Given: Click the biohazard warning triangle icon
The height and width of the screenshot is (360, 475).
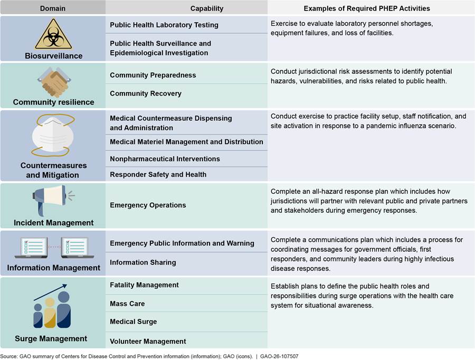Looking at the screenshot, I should point(53,35).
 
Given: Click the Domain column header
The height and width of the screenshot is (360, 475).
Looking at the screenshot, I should point(53,8).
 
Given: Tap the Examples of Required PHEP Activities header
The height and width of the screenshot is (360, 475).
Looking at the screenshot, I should point(367,8).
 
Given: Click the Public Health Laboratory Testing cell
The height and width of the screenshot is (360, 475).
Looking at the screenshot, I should point(164,25).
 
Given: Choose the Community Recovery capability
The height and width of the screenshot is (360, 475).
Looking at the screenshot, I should point(146,93).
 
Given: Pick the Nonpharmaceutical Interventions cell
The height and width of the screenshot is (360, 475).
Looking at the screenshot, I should point(165,159).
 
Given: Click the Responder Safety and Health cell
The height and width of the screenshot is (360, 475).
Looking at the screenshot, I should point(158,174).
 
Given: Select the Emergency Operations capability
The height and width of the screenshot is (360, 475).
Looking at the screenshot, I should point(148,205).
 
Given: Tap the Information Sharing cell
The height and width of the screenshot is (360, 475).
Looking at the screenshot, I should point(142,262).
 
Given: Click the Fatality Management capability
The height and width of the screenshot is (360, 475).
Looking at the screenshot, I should point(144,285).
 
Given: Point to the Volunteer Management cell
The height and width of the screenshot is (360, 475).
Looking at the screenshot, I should point(148,341).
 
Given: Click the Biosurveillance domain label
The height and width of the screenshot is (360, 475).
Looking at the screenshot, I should point(53,55).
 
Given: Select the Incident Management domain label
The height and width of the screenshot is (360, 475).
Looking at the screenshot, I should point(53,223).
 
